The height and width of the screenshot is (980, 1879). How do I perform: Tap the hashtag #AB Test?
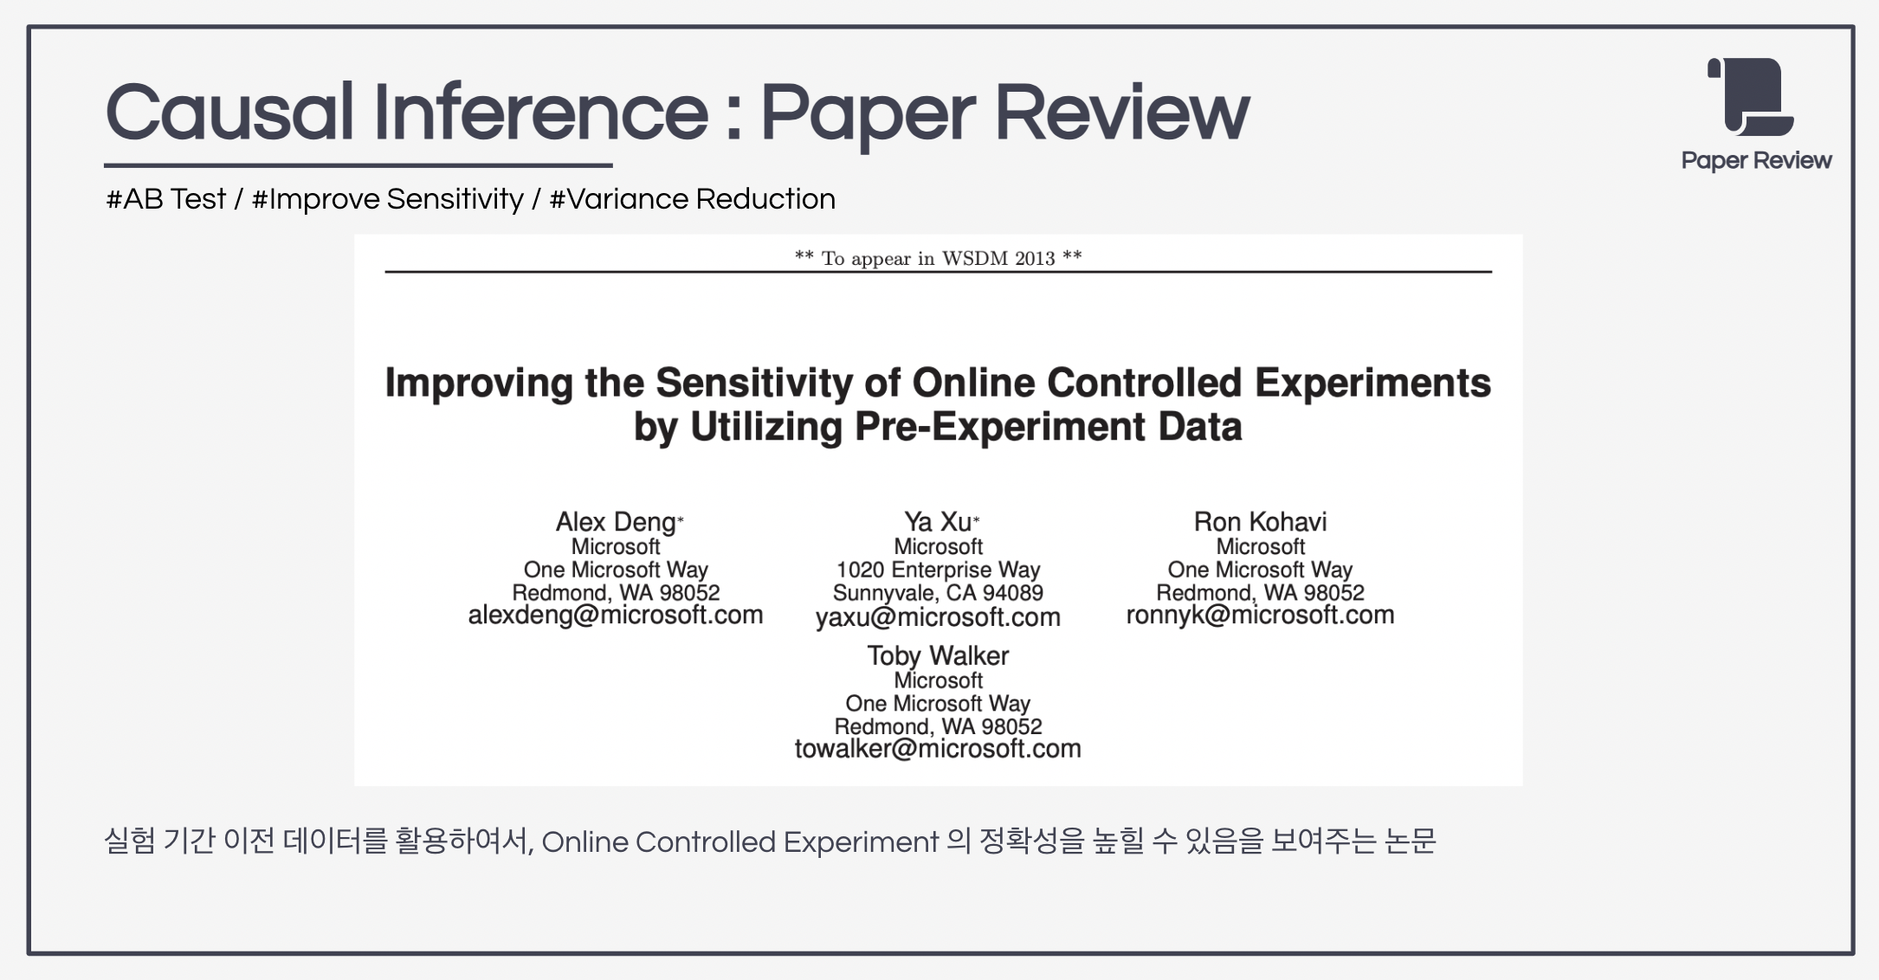pyautogui.click(x=165, y=199)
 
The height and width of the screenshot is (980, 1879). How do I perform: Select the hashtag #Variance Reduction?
pyautogui.click(x=692, y=199)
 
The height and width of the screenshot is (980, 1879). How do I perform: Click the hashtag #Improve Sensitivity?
pyautogui.click(x=387, y=199)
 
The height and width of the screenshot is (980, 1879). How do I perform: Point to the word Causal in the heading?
pyautogui.click(x=229, y=113)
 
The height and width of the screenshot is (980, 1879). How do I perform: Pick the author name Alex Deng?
pyautogui.click(x=615, y=522)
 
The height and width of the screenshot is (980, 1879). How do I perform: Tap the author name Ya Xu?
pyautogui.click(x=937, y=522)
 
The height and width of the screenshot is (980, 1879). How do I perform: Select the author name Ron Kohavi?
pyautogui.click(x=1260, y=522)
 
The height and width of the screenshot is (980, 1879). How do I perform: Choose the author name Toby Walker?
pyautogui.click(x=938, y=655)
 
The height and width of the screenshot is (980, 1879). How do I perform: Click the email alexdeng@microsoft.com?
pyautogui.click(x=615, y=616)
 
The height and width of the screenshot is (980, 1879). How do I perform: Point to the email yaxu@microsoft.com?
pyautogui.click(x=938, y=617)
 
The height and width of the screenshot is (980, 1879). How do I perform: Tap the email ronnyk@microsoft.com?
pyautogui.click(x=1260, y=616)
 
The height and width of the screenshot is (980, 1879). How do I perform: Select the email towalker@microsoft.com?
pyautogui.click(x=938, y=749)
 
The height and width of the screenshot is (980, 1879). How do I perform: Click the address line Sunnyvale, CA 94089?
pyautogui.click(x=938, y=593)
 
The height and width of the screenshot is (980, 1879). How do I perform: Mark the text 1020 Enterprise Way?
pyautogui.click(x=938, y=570)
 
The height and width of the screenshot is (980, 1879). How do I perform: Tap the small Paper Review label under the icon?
pyautogui.click(x=1756, y=161)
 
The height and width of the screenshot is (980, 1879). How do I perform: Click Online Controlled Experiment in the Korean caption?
pyautogui.click(x=739, y=841)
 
